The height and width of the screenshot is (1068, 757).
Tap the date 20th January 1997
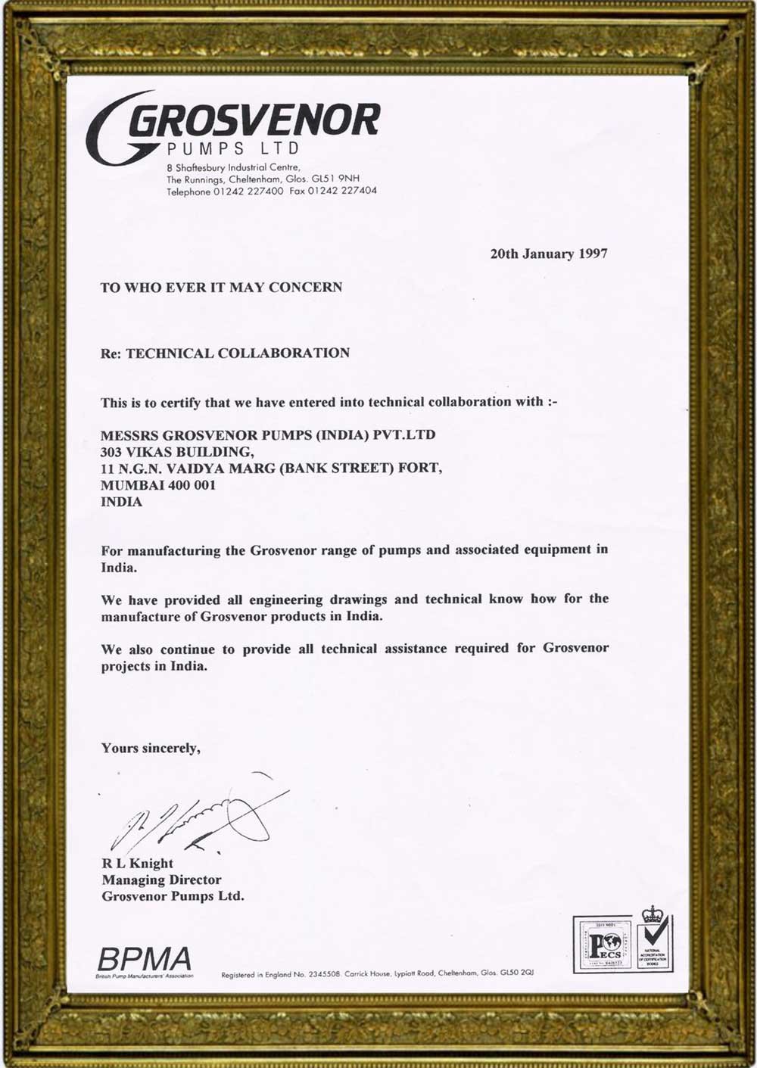(x=548, y=254)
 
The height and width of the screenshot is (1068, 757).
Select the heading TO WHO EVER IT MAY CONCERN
(x=221, y=287)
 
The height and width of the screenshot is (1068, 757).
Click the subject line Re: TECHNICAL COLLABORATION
(x=225, y=353)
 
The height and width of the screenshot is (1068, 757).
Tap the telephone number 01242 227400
(x=248, y=191)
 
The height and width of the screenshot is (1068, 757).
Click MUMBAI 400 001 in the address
(x=158, y=484)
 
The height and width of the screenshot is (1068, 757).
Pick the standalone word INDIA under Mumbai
(x=121, y=501)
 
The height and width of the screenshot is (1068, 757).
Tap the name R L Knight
(x=138, y=863)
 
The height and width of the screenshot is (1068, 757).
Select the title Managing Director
(x=161, y=880)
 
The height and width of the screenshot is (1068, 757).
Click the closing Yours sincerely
(x=151, y=748)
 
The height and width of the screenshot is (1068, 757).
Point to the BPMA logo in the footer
(x=145, y=961)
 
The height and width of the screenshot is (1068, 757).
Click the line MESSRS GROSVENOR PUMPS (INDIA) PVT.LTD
(x=268, y=434)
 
